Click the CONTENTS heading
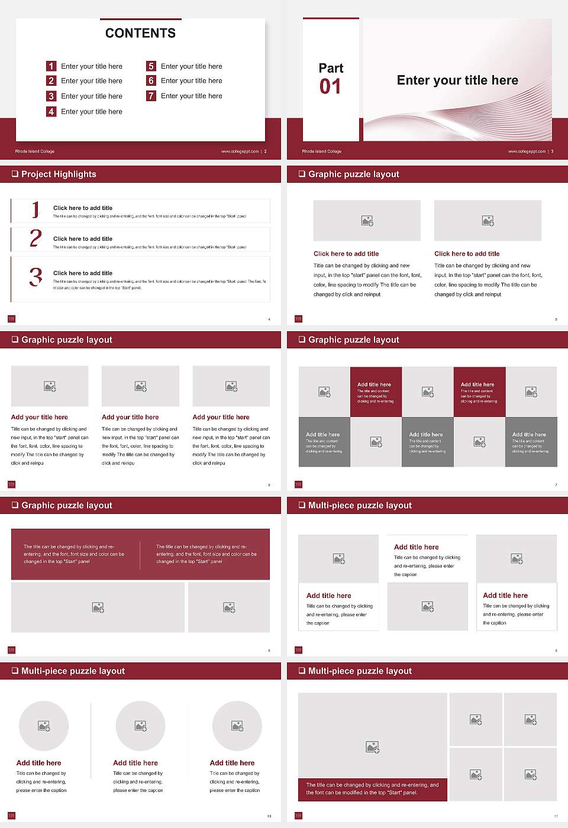tap(140, 33)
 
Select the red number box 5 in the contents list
tap(151, 66)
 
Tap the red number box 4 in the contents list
tap(51, 111)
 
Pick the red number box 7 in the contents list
tap(151, 96)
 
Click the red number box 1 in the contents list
tap(51, 66)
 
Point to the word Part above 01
tap(331, 68)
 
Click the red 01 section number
tap(330, 87)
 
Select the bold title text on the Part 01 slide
tap(457, 80)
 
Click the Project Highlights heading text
tap(59, 174)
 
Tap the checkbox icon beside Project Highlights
tap(15, 174)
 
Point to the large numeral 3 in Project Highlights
tap(35, 277)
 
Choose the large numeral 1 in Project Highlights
tap(35, 209)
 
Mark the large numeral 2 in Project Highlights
tap(35, 238)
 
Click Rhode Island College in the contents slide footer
tap(35, 151)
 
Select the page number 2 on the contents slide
tap(265, 151)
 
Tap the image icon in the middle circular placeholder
tap(140, 726)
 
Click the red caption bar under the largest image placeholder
tap(372, 789)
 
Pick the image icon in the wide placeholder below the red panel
tap(98, 607)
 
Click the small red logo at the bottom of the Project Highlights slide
tap(11, 319)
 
